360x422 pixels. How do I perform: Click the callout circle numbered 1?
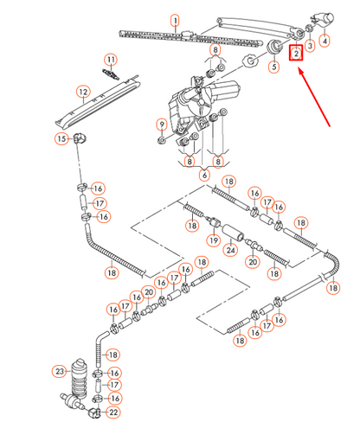pyautogui.click(x=174, y=19)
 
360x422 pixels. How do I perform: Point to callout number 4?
pyautogui.click(x=325, y=41)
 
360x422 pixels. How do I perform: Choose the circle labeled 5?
pyautogui.click(x=273, y=67)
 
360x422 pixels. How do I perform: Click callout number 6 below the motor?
pyautogui.click(x=204, y=175)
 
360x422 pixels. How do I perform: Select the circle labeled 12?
pyautogui.click(x=83, y=91)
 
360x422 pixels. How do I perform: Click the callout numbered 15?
pyautogui.click(x=61, y=138)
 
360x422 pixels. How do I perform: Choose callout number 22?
pyautogui.click(x=113, y=413)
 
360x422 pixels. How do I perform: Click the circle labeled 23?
pyautogui.click(x=60, y=371)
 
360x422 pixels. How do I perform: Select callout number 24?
pyautogui.click(x=231, y=251)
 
